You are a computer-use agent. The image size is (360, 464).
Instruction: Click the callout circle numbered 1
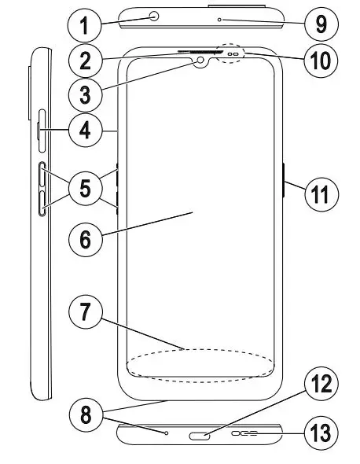pyautogui.click(x=84, y=25)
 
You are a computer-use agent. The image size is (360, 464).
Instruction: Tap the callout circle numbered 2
pyautogui.click(x=84, y=59)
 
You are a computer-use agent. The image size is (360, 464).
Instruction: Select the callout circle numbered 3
pyautogui.click(x=84, y=94)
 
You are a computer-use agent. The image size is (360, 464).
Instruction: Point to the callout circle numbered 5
pyautogui.click(x=84, y=188)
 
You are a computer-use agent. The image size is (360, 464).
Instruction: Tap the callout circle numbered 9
pyautogui.click(x=321, y=24)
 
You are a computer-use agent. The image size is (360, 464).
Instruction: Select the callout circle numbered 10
pyautogui.click(x=321, y=59)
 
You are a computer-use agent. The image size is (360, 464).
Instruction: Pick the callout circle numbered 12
pyautogui.click(x=321, y=385)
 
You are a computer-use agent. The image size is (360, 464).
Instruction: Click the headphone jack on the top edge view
pyautogui.click(x=153, y=15)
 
